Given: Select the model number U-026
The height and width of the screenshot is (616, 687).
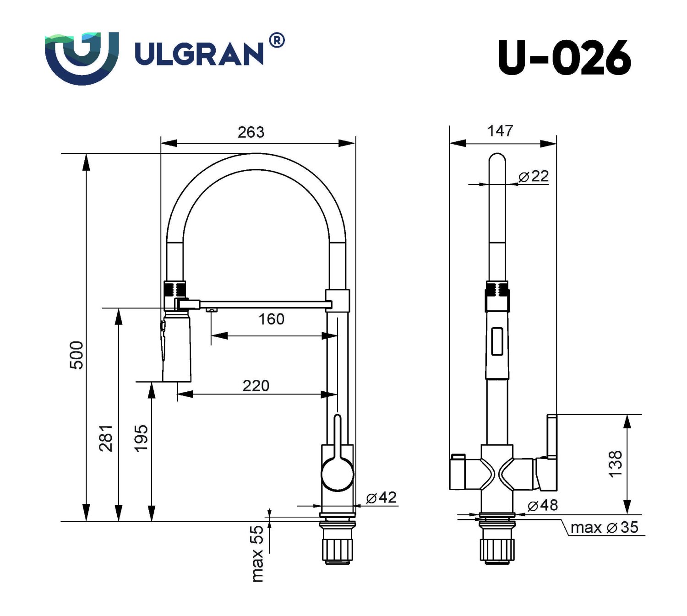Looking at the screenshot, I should coord(564,58).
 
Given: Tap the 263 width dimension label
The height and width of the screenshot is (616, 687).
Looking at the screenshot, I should coord(251,132).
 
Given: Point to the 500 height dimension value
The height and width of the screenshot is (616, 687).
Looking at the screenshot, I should coord(77,355).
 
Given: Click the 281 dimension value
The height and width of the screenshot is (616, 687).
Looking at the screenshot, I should coord(106,438).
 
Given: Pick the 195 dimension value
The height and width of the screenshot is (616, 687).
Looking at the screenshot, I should coord(141,438).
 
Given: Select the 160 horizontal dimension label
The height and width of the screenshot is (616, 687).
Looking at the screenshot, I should coord(271,319).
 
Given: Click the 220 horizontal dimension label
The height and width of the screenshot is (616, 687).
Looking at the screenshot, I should coord(256,386).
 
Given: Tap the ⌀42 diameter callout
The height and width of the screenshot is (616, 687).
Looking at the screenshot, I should coord(382,497).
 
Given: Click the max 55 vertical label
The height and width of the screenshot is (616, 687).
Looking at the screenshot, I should coord(257,554).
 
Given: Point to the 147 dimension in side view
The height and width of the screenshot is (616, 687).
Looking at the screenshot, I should coord(500,131).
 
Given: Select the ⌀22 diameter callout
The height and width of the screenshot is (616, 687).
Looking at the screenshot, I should coord(534,176).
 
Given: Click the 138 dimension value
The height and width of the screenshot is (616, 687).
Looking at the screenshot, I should coord(616,464).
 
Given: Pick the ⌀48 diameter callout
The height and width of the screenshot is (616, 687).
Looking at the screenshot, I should coord(543,505).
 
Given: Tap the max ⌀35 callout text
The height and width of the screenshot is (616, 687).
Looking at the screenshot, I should coord(604,527).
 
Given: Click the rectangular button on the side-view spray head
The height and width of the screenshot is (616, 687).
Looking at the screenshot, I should coord(497,341).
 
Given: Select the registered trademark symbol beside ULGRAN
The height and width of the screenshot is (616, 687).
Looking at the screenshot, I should coord(276,41).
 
